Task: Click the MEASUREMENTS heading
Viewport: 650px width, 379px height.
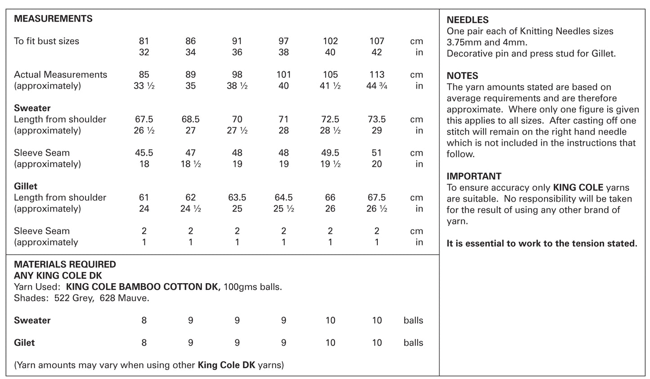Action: pyautogui.click(x=53, y=19)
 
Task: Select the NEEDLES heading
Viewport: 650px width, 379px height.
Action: pyautogui.click(x=467, y=20)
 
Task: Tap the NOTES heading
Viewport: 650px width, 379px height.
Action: pyautogui.click(x=462, y=76)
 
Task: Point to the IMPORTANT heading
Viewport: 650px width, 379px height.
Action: pyautogui.click(x=474, y=176)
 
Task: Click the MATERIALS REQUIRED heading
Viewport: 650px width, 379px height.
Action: pyautogui.click(x=65, y=264)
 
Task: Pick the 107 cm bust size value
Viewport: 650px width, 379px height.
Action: pyautogui.click(x=377, y=41)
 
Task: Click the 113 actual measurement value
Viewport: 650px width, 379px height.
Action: pyautogui.click(x=377, y=75)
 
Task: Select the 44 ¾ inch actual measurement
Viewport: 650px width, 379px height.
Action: pyautogui.click(x=377, y=86)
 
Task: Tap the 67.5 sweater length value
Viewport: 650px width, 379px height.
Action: pyautogui.click(x=144, y=119)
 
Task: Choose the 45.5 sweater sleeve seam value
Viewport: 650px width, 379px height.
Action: pyautogui.click(x=144, y=153)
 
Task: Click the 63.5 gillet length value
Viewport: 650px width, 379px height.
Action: pyautogui.click(x=237, y=197)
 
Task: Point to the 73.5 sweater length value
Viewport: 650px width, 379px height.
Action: pyautogui.click(x=377, y=119)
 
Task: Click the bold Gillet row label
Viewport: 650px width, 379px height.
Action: pyautogui.click(x=26, y=186)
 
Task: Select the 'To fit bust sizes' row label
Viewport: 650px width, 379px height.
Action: pyautogui.click(x=46, y=41)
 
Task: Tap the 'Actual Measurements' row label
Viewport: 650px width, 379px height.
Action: pyautogui.click(x=60, y=75)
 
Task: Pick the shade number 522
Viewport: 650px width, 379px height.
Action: pyautogui.click(x=62, y=298)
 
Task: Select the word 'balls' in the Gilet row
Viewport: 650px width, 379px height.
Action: pyautogui.click(x=413, y=343)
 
